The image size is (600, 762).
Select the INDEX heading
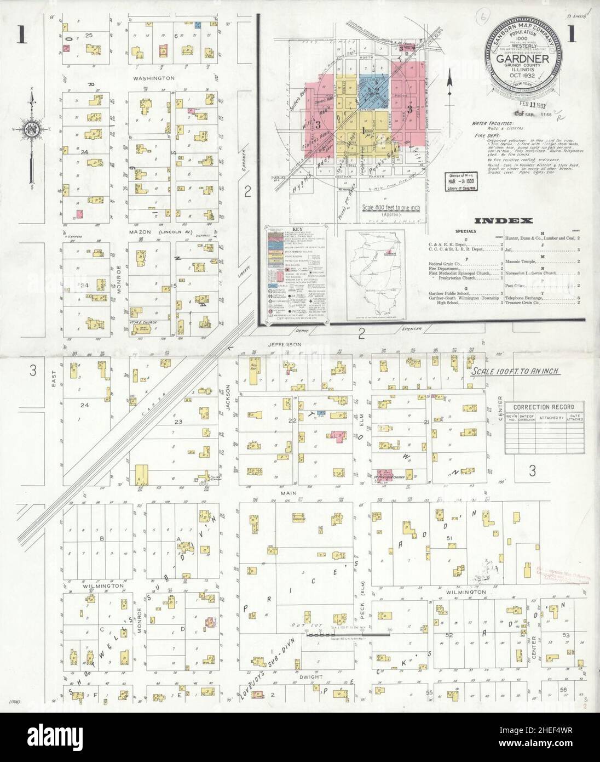pyautogui.click(x=504, y=221)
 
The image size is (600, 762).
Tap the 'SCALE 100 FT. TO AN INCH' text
pyautogui.click(x=515, y=371)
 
